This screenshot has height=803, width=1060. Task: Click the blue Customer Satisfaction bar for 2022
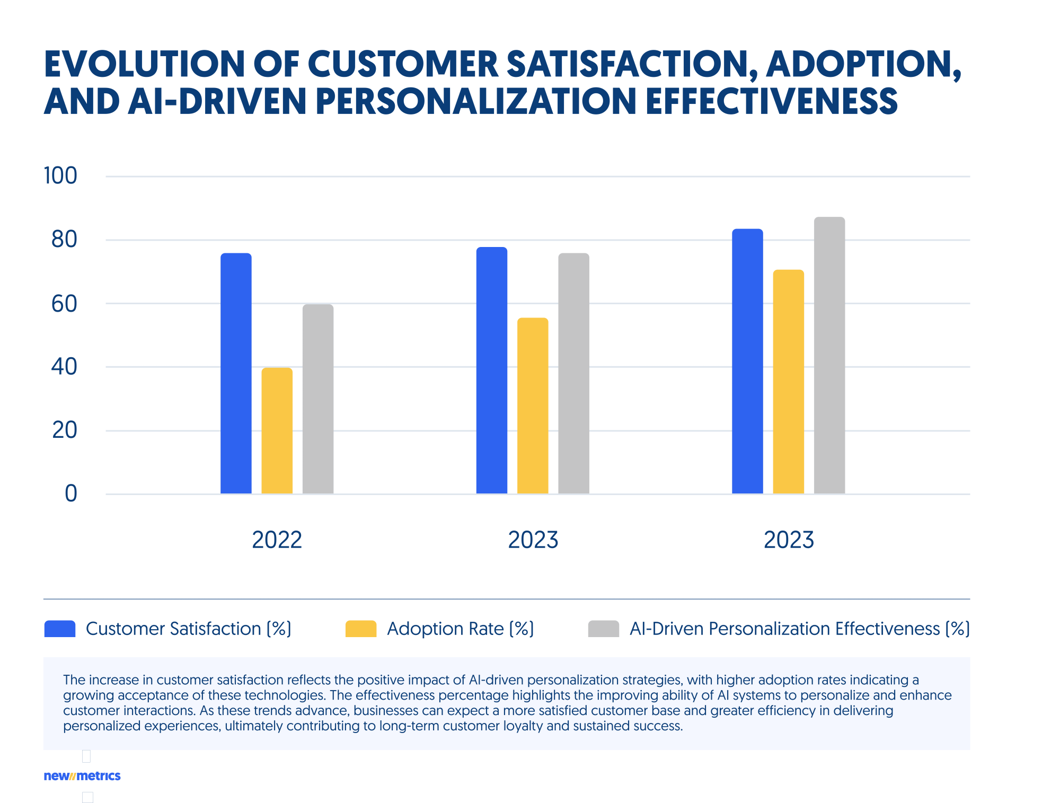tap(236, 374)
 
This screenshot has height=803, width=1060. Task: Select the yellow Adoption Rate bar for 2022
tap(277, 430)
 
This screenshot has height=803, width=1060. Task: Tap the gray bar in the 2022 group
tap(318, 399)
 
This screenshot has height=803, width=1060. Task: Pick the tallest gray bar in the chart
tap(829, 355)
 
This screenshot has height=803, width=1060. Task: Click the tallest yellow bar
tap(788, 382)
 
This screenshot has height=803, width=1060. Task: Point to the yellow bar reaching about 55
tap(533, 405)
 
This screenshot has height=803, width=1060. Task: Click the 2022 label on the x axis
tap(277, 540)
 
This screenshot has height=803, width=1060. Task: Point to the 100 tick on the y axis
tap(60, 176)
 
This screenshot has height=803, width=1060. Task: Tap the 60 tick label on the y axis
tap(64, 304)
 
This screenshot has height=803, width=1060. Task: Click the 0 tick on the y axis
tap(70, 493)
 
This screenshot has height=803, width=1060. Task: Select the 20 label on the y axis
tap(64, 430)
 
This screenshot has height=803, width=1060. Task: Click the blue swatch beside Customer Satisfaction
tap(60, 629)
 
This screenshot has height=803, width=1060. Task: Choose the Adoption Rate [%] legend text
tap(460, 629)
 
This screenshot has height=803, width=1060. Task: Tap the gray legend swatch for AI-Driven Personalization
tap(603, 629)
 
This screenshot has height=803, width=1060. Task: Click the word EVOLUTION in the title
tap(144, 65)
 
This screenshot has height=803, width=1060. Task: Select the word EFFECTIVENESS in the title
tap(771, 101)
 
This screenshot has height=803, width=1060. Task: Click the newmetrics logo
tap(82, 776)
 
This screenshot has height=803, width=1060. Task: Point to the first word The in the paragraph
tap(74, 680)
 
